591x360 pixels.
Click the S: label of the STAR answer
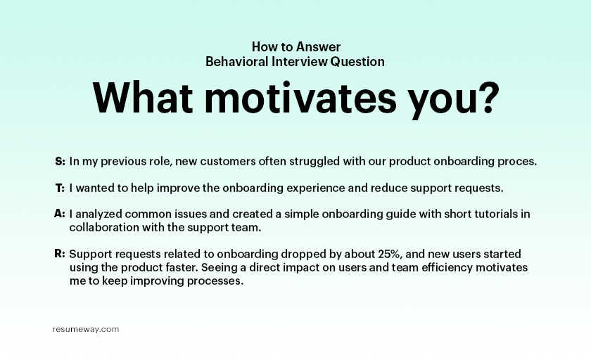60,161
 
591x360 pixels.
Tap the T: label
60,188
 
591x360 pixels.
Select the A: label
60,214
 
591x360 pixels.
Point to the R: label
60,254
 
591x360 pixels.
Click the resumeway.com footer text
86,330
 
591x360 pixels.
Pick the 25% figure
388,254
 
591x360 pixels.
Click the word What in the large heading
142,98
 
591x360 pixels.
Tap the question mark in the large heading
488,98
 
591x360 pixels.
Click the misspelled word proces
517,162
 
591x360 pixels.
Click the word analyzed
99,214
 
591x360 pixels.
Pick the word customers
228,162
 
